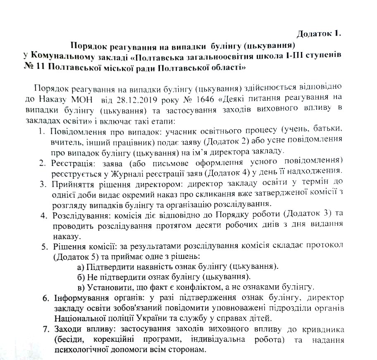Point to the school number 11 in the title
click(40, 66)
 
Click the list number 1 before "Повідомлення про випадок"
click(41, 132)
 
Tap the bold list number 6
click(46, 298)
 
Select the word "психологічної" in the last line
click(79, 349)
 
